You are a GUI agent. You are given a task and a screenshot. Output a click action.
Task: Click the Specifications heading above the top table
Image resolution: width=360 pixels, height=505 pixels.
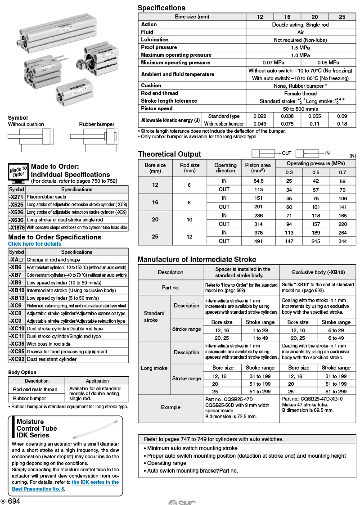point(161,8)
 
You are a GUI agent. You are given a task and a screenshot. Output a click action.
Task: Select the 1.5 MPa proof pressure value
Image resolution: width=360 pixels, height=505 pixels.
point(300,47)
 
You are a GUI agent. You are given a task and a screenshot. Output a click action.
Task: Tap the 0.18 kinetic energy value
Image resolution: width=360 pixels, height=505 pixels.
point(342,124)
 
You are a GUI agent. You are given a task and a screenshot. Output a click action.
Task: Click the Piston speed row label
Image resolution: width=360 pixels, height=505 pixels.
point(157,108)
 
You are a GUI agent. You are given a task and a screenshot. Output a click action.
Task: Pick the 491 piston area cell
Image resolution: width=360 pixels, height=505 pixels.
point(258,241)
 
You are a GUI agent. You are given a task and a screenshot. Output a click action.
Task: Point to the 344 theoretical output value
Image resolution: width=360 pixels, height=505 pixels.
point(342,241)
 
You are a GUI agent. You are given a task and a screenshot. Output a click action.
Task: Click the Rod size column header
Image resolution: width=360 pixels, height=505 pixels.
point(189,168)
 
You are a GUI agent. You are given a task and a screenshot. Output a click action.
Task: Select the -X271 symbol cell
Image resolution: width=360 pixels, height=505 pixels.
point(17,197)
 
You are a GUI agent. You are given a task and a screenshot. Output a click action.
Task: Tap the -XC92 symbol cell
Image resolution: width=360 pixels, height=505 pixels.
point(17,359)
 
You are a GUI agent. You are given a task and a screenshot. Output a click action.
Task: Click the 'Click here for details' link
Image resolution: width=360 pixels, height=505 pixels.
point(35,244)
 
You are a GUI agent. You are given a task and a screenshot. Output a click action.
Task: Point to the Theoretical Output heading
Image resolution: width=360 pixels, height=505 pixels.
point(169,154)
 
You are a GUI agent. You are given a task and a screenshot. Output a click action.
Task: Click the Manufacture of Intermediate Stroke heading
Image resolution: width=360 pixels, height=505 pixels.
point(197,259)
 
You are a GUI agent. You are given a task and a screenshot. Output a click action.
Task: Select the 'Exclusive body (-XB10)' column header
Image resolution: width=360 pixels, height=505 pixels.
point(318,272)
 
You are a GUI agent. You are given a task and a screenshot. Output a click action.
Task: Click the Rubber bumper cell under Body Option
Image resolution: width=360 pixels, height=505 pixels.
point(29,398)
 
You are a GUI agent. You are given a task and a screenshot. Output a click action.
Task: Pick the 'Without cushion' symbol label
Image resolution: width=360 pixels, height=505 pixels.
point(26,124)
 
